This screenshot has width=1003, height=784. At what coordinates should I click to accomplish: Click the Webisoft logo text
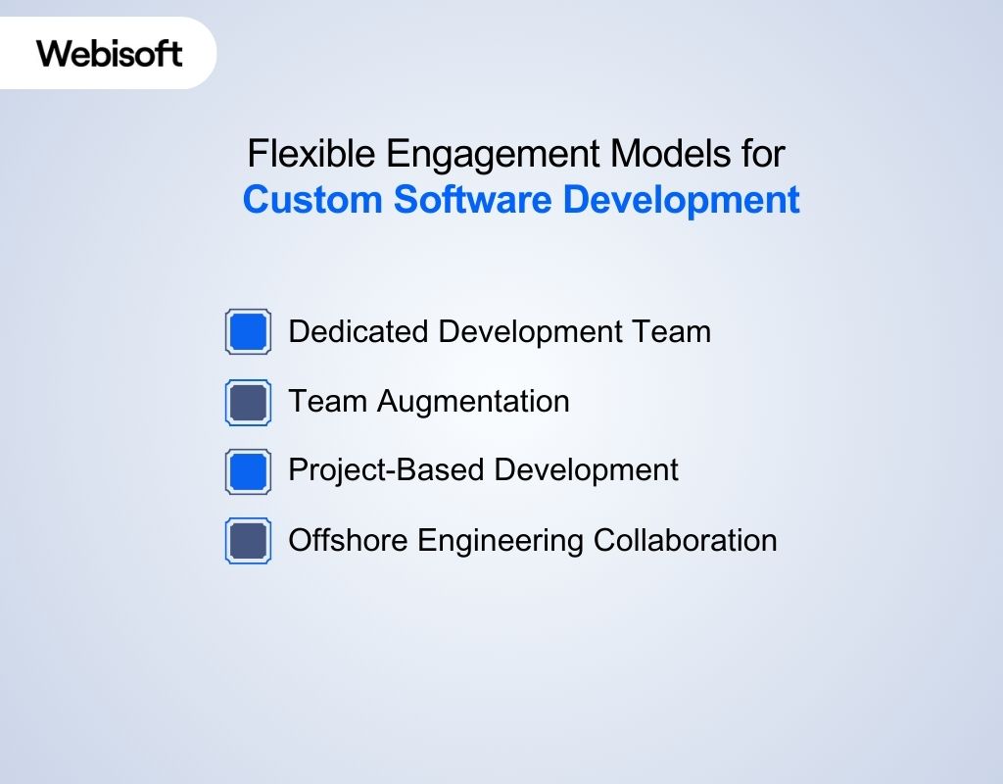point(110,53)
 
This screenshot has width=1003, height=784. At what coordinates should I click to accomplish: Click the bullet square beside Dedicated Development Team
point(248,332)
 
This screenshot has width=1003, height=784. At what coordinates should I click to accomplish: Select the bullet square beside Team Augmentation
point(248,403)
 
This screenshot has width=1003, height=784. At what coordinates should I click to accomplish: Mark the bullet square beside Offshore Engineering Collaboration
point(248,541)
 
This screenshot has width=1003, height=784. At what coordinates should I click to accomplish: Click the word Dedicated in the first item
point(358,332)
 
